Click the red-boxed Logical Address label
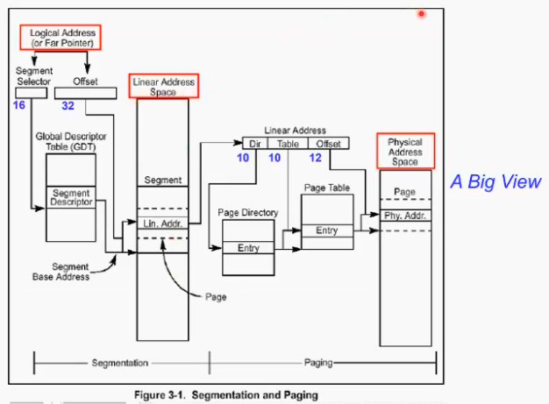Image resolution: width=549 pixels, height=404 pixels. [x=61, y=37]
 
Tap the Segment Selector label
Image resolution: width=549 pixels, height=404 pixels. [x=33, y=75]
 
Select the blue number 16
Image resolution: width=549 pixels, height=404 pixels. [x=19, y=105]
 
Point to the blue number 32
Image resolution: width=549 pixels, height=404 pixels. [x=68, y=105]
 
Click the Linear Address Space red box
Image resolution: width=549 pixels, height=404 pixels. [x=164, y=86]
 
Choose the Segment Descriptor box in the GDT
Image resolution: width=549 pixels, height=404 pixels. [x=71, y=198]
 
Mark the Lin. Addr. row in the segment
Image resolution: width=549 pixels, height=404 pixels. [x=163, y=224]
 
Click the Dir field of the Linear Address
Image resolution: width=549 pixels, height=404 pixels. [x=254, y=143]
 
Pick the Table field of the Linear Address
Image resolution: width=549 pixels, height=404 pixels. [x=287, y=143]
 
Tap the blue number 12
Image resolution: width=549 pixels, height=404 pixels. [x=315, y=158]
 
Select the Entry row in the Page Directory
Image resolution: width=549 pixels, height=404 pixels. [x=248, y=248]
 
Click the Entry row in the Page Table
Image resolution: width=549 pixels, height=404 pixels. [x=326, y=230]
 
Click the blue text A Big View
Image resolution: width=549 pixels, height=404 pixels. [x=496, y=182]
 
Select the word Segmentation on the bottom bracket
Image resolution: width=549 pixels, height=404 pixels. [x=120, y=362]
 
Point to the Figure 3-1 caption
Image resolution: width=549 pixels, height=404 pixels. [x=225, y=395]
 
